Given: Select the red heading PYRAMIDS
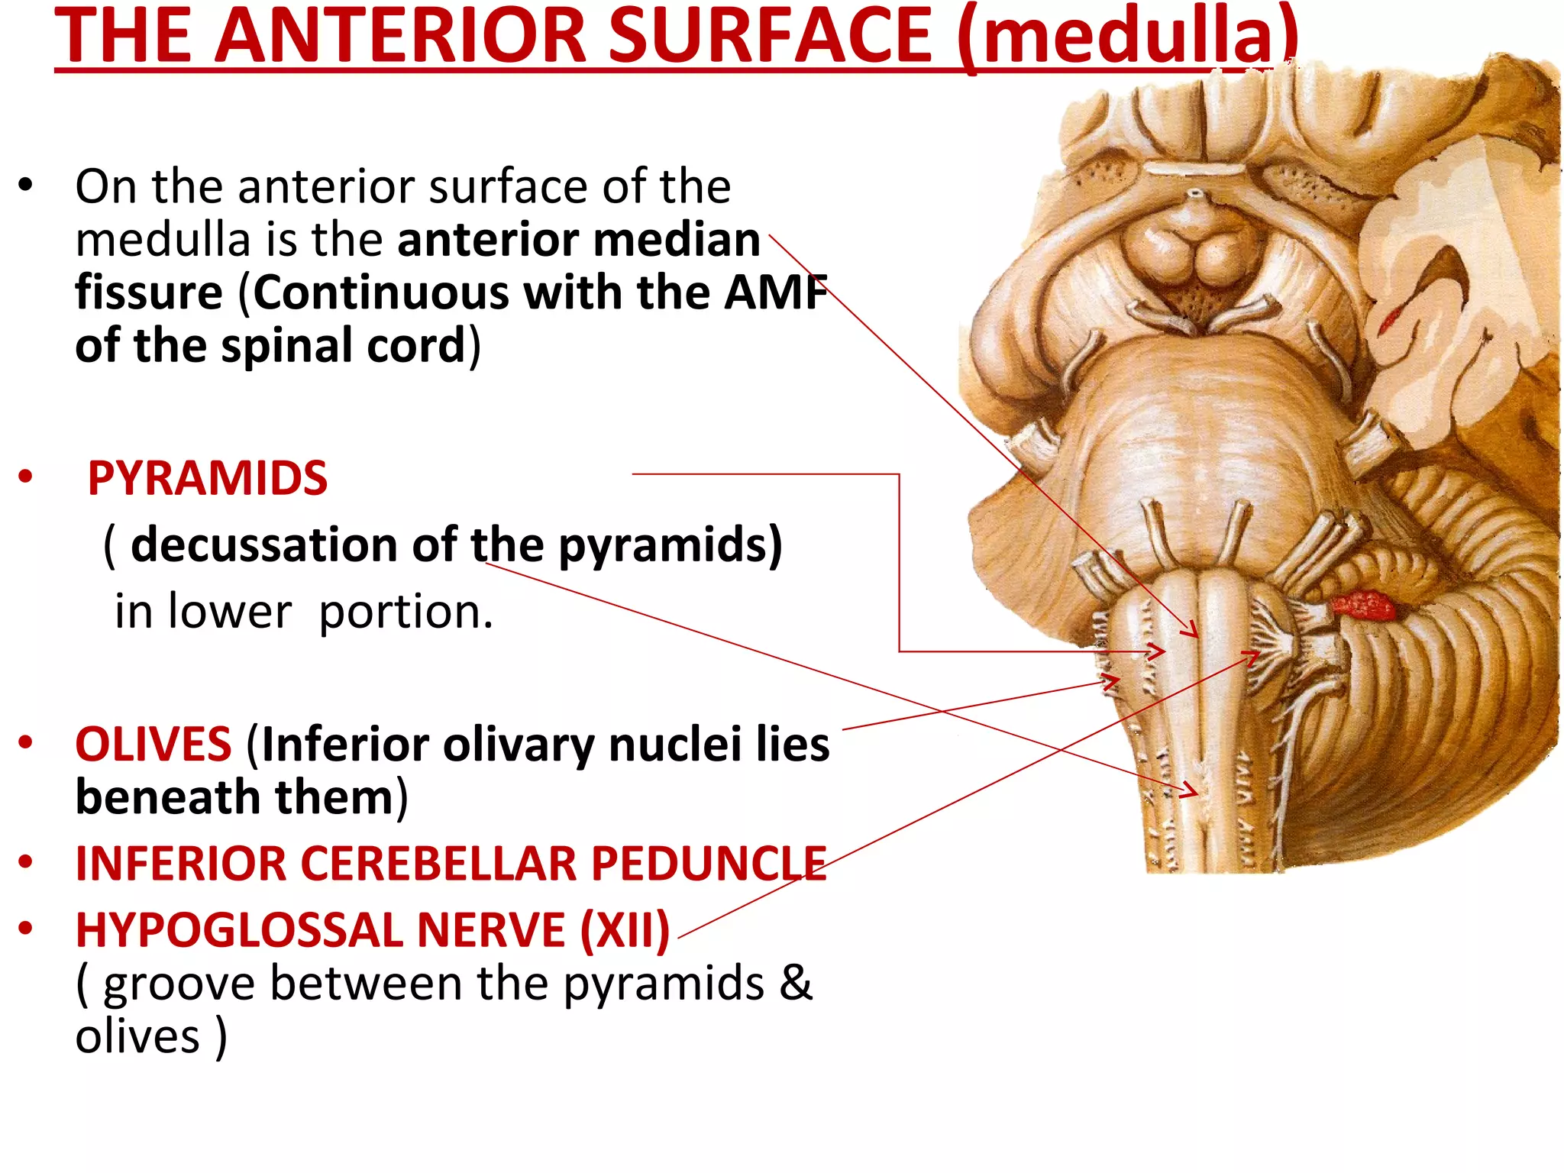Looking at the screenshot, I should (x=207, y=479).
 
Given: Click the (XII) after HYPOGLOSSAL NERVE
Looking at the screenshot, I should (x=625, y=930).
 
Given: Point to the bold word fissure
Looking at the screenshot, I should (x=149, y=292).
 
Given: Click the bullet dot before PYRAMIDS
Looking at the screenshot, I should (x=26, y=477).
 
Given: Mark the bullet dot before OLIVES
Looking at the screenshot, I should (x=26, y=743).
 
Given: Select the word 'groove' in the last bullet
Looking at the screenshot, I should (x=179, y=984).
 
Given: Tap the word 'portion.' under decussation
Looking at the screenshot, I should (x=406, y=612).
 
